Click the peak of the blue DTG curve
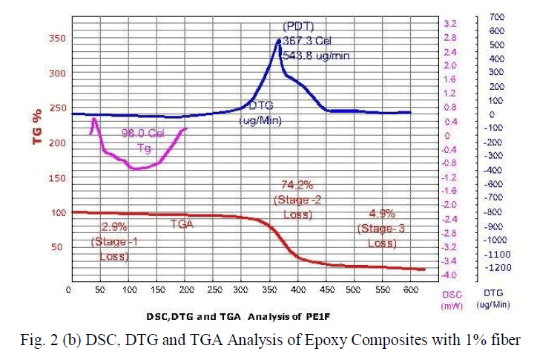tap(278, 39)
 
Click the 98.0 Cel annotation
tap(143, 134)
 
